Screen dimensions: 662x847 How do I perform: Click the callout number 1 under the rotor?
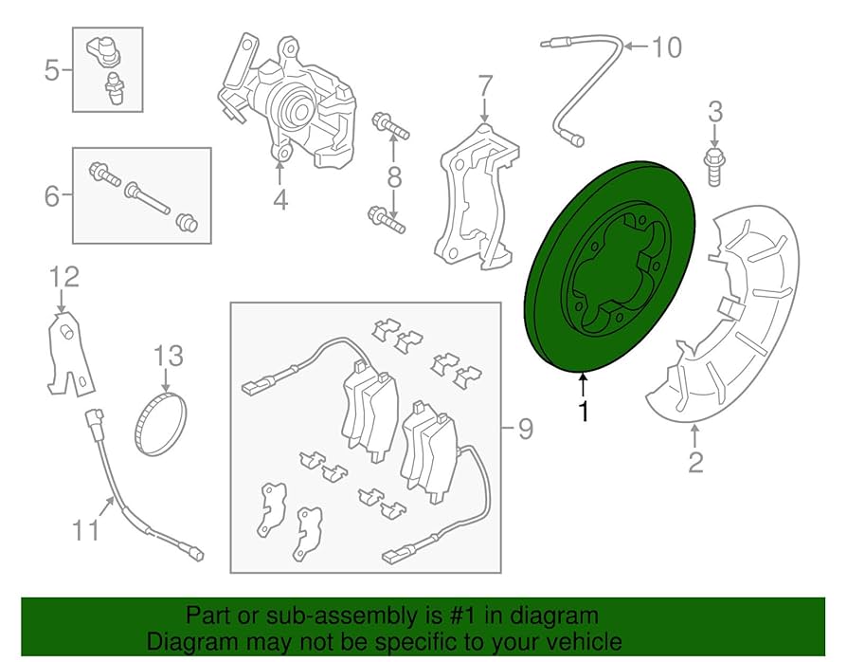[584, 412]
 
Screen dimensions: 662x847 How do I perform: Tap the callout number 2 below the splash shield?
[695, 464]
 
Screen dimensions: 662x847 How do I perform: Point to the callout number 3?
[715, 111]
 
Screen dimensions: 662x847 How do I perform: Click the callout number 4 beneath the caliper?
[279, 200]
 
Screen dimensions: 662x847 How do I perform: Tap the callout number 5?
[52, 69]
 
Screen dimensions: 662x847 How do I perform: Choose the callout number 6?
[52, 196]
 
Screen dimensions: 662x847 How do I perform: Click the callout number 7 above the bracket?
[484, 87]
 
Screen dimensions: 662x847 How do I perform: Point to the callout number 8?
[394, 176]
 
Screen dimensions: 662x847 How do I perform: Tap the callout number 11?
[85, 529]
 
